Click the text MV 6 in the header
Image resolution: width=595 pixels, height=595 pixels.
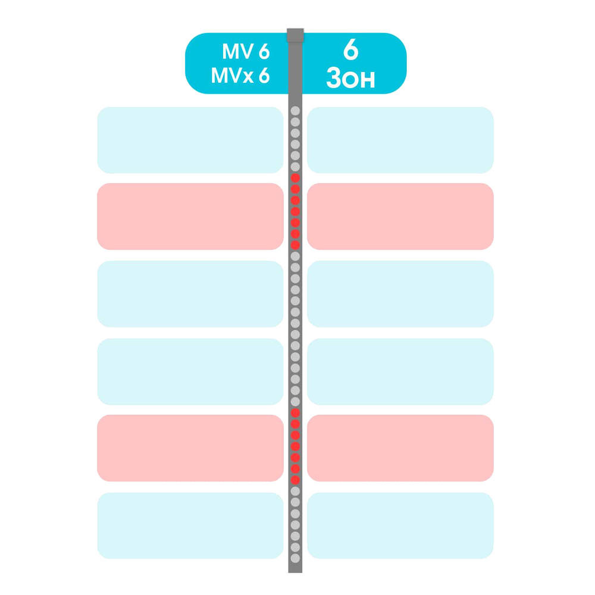point(246,51)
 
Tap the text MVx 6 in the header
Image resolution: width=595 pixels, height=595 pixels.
point(240,75)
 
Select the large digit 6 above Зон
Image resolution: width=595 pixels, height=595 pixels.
point(350,49)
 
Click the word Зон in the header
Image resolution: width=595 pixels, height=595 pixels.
point(350,78)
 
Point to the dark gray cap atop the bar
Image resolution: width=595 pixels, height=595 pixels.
point(295,35)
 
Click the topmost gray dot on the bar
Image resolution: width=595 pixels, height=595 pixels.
point(295,111)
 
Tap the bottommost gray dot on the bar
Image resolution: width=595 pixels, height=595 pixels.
point(295,558)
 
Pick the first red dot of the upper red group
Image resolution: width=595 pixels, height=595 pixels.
point(295,178)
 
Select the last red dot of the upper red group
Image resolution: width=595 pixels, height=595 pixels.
point(295,245)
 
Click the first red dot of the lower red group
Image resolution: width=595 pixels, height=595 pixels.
point(295,413)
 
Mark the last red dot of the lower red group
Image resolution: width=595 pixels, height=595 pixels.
point(295,480)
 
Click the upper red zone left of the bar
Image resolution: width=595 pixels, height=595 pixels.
point(190,217)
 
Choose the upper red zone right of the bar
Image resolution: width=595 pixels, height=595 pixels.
point(400,217)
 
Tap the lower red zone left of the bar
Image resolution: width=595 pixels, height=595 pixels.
point(190,448)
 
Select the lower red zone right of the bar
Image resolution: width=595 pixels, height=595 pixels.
point(400,448)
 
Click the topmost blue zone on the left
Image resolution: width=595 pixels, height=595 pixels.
point(190,140)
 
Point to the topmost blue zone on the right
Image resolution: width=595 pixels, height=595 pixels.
point(400,140)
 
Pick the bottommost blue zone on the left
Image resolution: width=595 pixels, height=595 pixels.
point(190,525)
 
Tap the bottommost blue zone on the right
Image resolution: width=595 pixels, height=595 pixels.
point(400,525)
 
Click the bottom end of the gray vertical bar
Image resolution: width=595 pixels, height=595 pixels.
point(295,572)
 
